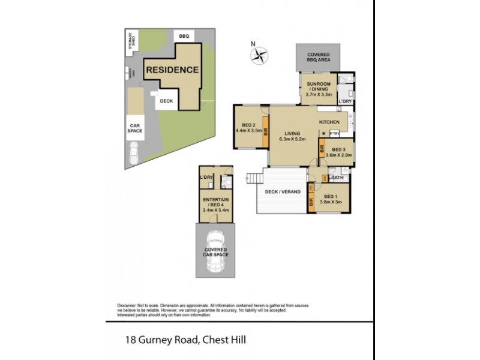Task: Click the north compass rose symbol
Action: point(259,56)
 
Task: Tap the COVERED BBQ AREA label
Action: point(317,57)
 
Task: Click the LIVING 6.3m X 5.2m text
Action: point(292,136)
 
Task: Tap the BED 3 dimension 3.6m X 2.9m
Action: point(338,155)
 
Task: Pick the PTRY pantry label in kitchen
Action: point(335,133)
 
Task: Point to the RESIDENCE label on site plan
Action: point(173,70)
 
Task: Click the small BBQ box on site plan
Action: point(184,36)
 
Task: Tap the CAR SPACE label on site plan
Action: point(134,128)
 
